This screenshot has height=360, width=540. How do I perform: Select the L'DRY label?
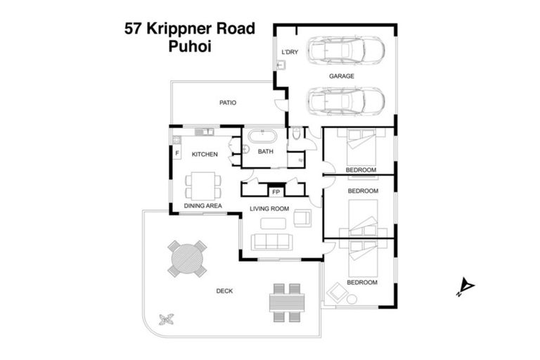[x=289, y=53]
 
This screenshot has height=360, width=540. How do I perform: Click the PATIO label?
[x=227, y=103]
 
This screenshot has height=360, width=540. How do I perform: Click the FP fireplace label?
[x=276, y=191]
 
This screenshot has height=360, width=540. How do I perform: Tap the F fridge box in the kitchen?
[x=176, y=153]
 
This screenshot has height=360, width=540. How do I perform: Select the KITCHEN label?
[x=205, y=154]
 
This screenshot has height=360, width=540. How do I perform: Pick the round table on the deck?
[x=187, y=258]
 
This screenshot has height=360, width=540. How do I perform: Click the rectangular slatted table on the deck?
[x=287, y=302]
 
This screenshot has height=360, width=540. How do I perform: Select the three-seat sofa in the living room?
[x=271, y=241]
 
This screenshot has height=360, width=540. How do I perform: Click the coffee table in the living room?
[x=273, y=224]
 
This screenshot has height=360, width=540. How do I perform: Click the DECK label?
[x=224, y=291]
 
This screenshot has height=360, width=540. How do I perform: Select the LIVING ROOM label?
[x=269, y=208]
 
